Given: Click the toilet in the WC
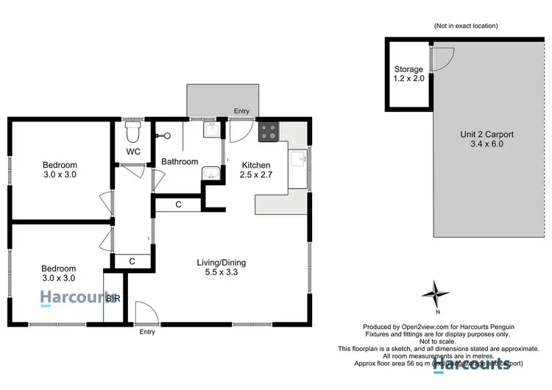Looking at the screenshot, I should (132, 133).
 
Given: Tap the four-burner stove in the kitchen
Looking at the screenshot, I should (266, 133).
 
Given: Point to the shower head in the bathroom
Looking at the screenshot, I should (166, 135).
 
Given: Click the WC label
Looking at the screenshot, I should (133, 152).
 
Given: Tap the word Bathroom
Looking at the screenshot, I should (180, 162).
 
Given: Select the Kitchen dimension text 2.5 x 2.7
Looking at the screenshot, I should (257, 176).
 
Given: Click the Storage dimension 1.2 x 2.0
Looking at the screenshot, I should (408, 79).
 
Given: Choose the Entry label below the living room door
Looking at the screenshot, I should (148, 332).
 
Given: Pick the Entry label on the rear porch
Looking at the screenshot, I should (241, 112).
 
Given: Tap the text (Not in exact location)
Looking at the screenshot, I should (466, 26).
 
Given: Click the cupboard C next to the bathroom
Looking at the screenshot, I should (179, 204).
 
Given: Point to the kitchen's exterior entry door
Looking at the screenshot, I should (239, 131).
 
